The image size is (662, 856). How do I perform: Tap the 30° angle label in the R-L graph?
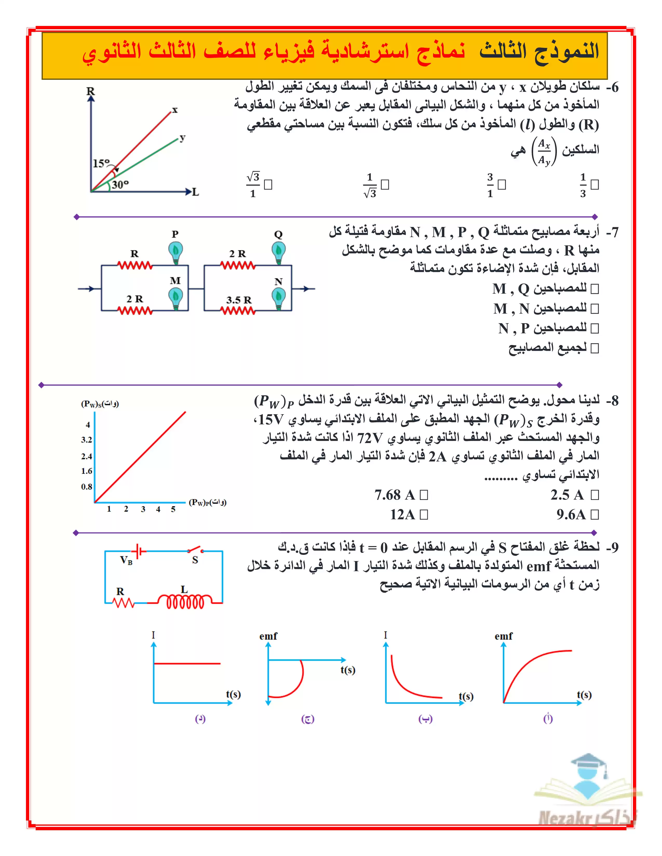[x=120, y=184]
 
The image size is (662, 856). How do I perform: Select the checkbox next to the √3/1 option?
[x=268, y=184]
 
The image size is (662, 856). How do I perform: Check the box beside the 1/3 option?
[x=595, y=184]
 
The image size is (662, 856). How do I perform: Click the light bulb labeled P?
[x=175, y=252]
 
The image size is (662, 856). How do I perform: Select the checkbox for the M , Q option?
[x=595, y=289]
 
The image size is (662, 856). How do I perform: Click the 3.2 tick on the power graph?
[x=87, y=440]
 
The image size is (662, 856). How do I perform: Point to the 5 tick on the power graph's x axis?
[x=173, y=509]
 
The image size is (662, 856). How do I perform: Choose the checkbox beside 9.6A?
[x=595, y=515]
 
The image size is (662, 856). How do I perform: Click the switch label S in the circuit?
[x=195, y=560]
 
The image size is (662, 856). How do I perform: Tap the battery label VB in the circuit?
[x=126, y=560]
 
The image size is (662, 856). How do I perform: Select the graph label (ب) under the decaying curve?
[x=425, y=719]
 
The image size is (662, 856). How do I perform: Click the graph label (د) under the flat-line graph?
[x=200, y=719]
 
